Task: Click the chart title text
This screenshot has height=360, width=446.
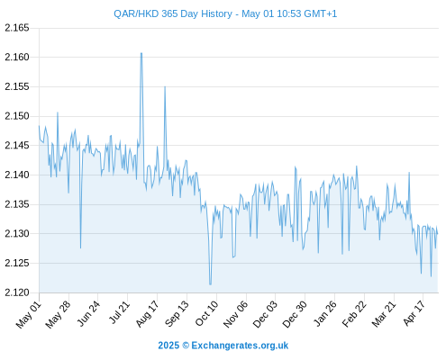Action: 225,13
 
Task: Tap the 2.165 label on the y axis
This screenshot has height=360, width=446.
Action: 17,28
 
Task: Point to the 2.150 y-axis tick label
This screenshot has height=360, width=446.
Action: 17,116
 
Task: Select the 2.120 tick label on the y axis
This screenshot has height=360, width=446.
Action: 17,292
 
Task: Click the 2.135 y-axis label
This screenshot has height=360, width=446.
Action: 17,204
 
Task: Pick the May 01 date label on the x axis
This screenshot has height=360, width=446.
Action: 29,315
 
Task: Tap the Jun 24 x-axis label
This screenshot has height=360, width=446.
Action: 88,313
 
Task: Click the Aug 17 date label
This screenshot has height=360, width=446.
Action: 147,314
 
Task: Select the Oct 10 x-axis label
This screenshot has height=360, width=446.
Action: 206,314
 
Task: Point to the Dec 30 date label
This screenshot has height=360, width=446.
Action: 295,314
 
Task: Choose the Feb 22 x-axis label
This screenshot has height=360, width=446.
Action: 354,314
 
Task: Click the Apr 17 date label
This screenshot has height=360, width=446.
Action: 414,313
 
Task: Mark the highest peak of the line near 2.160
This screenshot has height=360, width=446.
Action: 141,53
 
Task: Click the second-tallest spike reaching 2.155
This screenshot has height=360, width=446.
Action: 165,86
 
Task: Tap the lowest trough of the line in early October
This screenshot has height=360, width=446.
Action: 210,284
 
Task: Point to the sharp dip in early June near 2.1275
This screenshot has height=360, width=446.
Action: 80,247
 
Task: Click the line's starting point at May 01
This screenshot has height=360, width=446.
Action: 39,126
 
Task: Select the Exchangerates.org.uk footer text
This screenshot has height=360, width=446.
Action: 240,346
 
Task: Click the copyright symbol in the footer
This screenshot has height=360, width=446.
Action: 186,346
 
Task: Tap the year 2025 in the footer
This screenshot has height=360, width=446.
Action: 168,346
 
